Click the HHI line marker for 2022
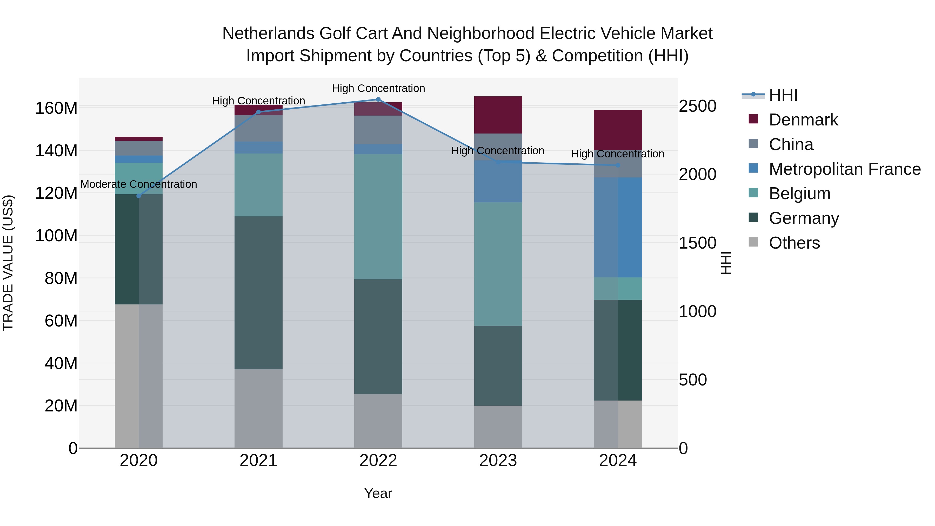click(x=378, y=99)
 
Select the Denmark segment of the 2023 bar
click(x=498, y=115)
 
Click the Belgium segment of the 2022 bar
click(x=378, y=216)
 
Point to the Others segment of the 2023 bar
click(x=498, y=427)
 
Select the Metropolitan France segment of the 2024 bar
click(x=618, y=227)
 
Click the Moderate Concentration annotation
click(x=139, y=184)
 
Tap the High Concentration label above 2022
click(x=378, y=89)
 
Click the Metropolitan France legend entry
click(x=844, y=169)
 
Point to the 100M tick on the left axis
click(x=56, y=236)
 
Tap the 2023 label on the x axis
click(x=498, y=461)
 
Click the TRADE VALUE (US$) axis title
click(x=8, y=263)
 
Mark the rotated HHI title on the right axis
click(x=726, y=263)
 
